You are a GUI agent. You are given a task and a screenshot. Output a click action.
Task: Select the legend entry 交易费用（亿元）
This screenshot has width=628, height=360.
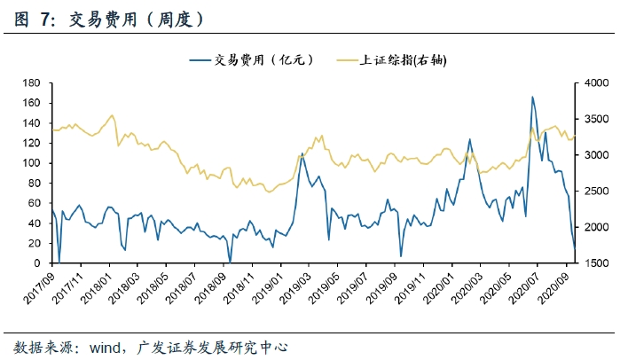[x=263, y=59]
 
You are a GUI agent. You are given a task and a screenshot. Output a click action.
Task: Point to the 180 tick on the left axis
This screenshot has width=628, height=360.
[x=33, y=82]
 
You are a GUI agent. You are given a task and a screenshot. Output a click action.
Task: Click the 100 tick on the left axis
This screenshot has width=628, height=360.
[x=33, y=163]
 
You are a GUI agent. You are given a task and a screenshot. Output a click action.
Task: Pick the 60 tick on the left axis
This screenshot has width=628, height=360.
[x=36, y=203]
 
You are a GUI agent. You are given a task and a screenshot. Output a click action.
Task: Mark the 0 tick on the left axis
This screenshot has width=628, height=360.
[x=39, y=263]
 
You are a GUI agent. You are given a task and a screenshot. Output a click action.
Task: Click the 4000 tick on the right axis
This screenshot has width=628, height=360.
[x=598, y=82]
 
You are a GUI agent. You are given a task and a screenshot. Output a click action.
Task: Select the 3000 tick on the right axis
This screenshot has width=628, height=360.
[x=598, y=155]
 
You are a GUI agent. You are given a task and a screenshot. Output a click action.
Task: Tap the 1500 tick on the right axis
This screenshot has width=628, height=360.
[x=598, y=263]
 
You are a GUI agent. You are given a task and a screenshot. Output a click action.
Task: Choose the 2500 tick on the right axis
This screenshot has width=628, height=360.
[x=598, y=192]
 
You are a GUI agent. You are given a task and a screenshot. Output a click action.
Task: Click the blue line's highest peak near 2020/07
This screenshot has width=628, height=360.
[x=532, y=97]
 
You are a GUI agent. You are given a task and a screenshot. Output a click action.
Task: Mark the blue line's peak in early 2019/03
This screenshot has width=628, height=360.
[x=302, y=153]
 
